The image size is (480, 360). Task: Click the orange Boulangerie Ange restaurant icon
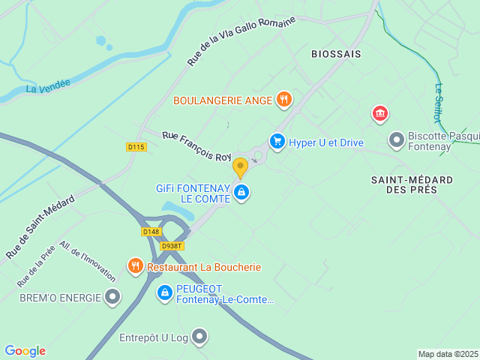click(x=283, y=99)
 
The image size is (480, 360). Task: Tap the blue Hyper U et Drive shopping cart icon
click(x=277, y=141)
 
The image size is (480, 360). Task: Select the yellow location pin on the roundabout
click(x=240, y=166)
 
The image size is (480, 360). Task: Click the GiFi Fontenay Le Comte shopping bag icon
click(x=241, y=193)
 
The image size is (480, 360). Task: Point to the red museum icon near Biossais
click(x=380, y=114)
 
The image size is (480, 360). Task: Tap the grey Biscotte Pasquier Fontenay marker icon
click(x=396, y=139)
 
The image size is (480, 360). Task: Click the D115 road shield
click(x=136, y=147)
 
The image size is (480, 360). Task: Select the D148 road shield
click(x=151, y=232)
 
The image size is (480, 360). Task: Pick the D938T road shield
click(x=172, y=246)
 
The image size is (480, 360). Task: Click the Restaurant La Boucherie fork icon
click(x=135, y=265)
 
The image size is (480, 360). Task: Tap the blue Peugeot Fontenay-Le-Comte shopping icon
click(x=165, y=292)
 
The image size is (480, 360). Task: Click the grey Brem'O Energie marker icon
click(x=113, y=298)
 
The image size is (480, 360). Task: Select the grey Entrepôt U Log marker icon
click(x=199, y=337)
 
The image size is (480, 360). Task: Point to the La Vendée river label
click(x=48, y=88)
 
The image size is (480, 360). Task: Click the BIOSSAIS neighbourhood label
click(x=336, y=54)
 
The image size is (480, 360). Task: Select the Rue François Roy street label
click(x=197, y=145)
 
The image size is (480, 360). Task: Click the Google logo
click(x=25, y=351)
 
